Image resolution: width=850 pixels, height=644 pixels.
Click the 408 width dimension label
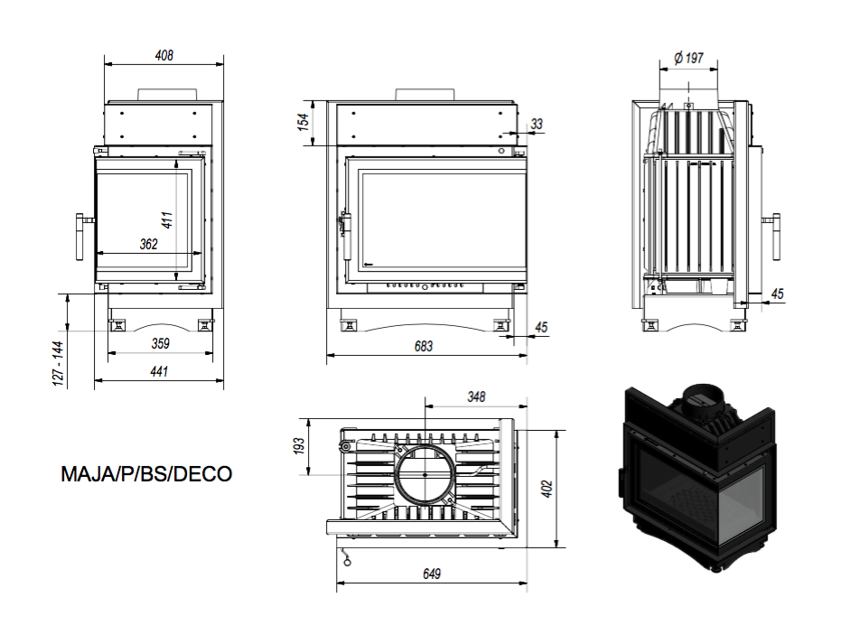coord(163,55)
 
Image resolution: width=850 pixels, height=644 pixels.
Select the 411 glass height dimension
coord(167,219)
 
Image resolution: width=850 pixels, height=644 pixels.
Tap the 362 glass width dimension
coord(148,244)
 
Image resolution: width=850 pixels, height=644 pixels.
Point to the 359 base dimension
coord(161,343)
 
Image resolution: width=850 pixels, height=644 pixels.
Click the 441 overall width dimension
coord(159,371)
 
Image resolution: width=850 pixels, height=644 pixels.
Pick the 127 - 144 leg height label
coord(59,363)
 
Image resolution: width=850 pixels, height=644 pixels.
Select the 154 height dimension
coord(304,123)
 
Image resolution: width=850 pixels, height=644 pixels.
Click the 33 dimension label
coord(537,124)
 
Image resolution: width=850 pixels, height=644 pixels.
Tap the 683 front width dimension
coord(424,346)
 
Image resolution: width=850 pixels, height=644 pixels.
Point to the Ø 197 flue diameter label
coord(688,58)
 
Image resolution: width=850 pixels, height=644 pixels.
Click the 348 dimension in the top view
coord(476,397)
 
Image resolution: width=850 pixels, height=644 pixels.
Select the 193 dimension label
coord(299,446)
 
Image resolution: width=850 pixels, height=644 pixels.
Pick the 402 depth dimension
coord(547,488)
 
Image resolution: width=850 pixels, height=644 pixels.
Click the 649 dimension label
coord(432,574)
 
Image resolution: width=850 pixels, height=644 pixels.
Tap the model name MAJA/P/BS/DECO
coord(146,474)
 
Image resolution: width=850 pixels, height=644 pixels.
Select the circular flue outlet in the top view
coord(425,474)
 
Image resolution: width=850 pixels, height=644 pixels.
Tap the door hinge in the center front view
coord(345,237)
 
